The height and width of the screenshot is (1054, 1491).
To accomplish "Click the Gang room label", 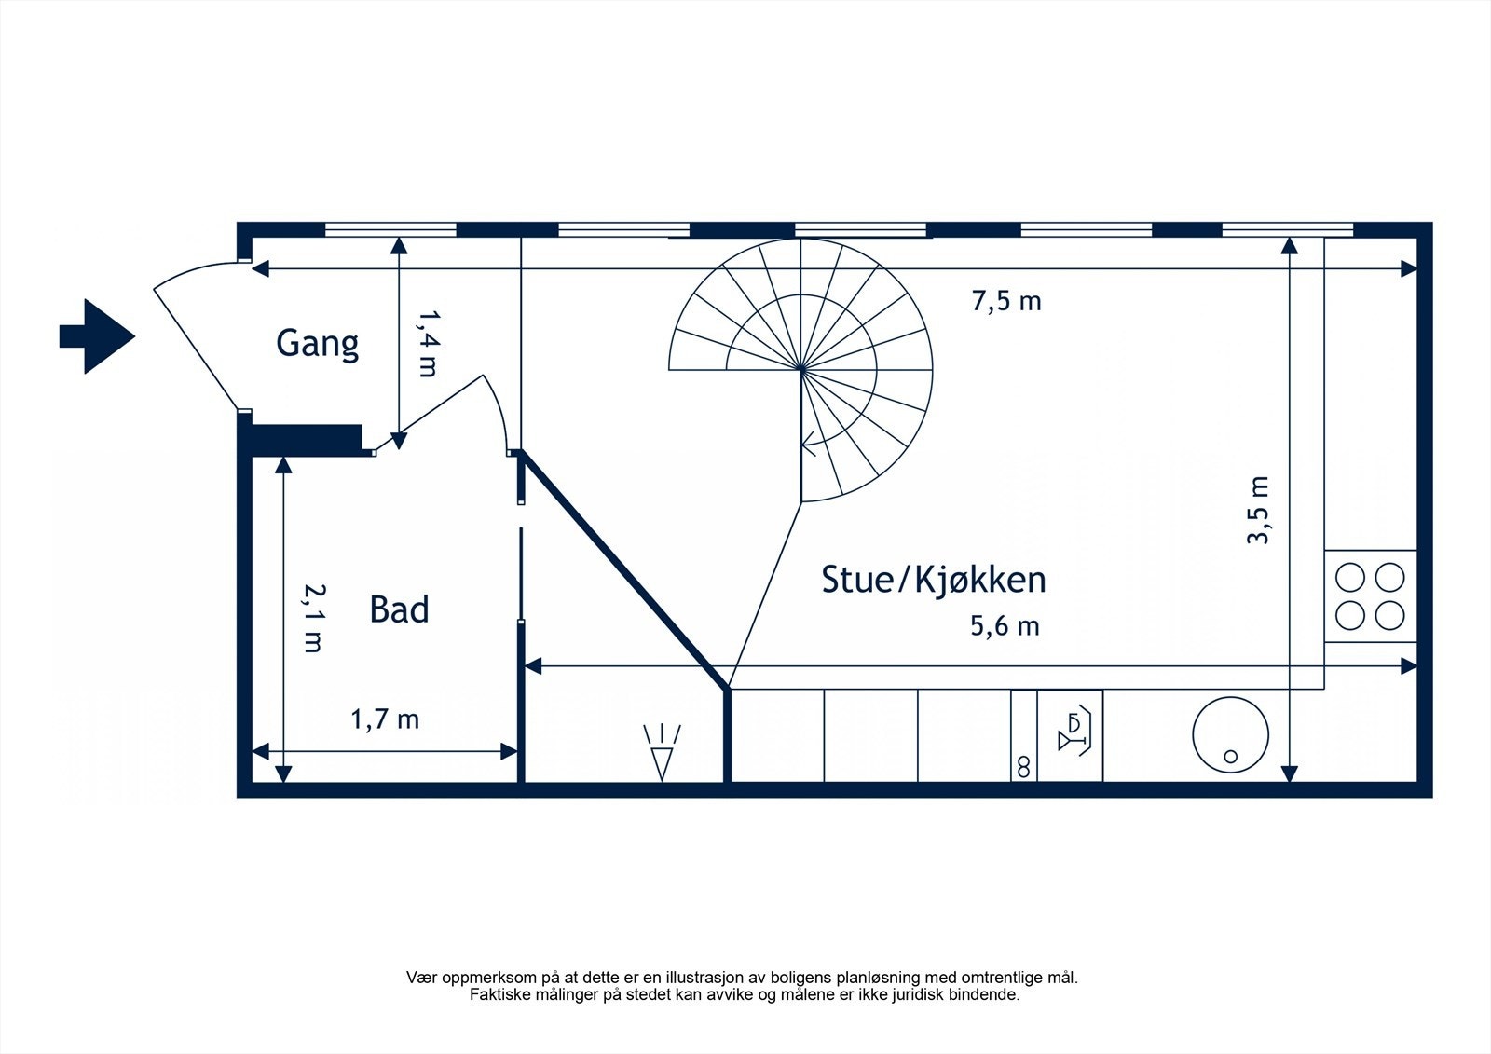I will [x=317, y=344].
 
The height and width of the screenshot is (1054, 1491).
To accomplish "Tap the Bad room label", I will [x=399, y=609].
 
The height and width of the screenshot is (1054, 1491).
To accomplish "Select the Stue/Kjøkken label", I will [x=933, y=580].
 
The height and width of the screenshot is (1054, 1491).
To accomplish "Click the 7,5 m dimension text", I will [x=1005, y=301].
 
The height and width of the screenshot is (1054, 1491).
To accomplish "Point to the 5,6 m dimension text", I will [x=1005, y=625].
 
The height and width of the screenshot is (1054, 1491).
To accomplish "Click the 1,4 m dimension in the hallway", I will [x=426, y=344].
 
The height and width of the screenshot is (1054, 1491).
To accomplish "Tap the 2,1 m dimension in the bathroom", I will [x=313, y=618].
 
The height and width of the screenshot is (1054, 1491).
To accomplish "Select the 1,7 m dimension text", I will [x=384, y=719].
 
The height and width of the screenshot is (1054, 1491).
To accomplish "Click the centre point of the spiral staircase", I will [x=801, y=370].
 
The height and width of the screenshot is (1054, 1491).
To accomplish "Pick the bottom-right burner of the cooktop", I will [x=1389, y=615].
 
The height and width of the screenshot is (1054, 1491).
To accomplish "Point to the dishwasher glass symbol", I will [x=1074, y=732].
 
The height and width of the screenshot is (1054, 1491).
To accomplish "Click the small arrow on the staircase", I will [x=809, y=446].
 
